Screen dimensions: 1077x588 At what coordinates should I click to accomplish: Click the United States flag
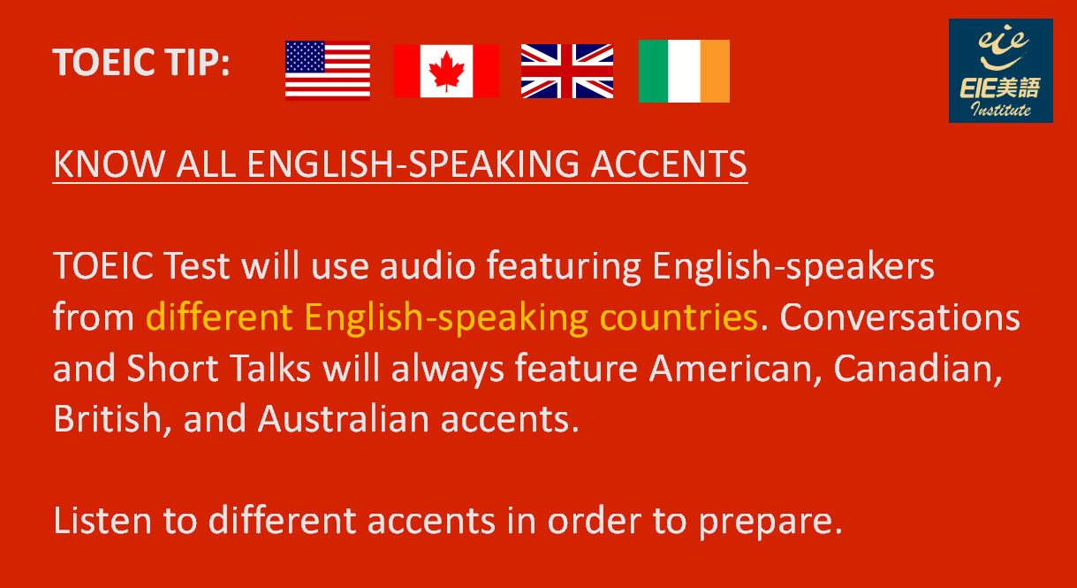click(x=328, y=70)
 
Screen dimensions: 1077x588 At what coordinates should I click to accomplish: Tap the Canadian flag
click(x=446, y=72)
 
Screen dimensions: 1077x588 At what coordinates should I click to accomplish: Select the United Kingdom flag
click(x=567, y=72)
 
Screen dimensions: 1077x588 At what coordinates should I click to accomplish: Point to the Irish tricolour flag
click(x=684, y=72)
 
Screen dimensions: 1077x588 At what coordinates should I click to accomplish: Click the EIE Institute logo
click(x=1000, y=71)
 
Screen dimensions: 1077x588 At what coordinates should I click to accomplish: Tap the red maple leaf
click(x=447, y=72)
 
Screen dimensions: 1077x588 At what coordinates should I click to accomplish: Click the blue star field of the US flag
click(x=305, y=57)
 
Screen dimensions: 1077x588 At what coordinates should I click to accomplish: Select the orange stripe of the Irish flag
click(x=715, y=72)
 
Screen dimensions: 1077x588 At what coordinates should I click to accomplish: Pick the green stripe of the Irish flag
click(x=654, y=72)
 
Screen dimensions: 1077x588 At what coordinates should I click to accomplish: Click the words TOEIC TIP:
click(x=140, y=62)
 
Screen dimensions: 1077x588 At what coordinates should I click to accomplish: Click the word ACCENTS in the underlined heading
click(x=668, y=164)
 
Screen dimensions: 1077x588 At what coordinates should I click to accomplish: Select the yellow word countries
click(x=679, y=317)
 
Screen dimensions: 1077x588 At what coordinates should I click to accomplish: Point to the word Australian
click(x=344, y=418)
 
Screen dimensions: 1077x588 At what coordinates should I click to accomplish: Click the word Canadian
click(x=917, y=369)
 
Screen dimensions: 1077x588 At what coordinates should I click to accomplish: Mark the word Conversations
click(x=899, y=317)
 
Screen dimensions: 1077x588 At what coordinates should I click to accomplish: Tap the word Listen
click(x=102, y=521)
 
